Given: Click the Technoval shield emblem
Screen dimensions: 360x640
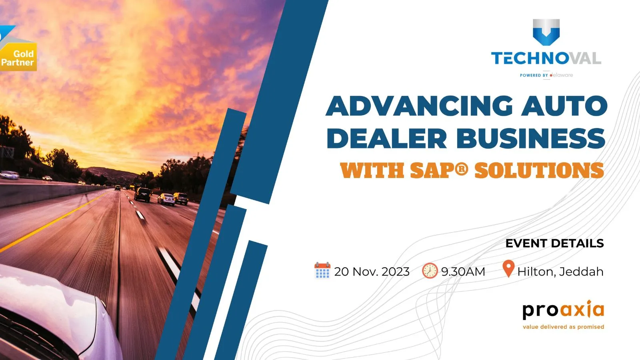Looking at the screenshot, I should point(546,32).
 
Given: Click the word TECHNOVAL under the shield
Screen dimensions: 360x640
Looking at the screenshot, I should point(546,58).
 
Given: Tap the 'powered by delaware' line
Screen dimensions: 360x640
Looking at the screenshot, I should point(546,75).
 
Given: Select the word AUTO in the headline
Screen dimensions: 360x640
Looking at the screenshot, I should point(564,106).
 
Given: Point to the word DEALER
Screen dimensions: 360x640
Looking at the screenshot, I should point(386,138).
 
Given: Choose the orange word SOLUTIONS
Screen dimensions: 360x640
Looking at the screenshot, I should point(539,171).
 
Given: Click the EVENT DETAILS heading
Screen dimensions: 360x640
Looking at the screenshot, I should point(554,243).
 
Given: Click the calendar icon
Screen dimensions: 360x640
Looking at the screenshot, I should point(322,270).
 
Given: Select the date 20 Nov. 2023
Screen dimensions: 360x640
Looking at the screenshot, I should point(372,272).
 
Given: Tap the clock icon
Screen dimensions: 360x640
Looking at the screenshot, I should point(430,271).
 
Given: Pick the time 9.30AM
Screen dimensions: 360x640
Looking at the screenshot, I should point(463,272).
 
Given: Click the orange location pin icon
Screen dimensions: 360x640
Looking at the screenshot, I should point(508,268).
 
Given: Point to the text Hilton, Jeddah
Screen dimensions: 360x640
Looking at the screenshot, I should point(560,272).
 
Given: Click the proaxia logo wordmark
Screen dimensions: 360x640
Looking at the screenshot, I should point(563,310).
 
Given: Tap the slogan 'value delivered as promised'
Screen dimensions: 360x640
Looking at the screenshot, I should point(563,327).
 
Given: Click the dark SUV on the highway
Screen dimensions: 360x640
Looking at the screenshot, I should point(142,194).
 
